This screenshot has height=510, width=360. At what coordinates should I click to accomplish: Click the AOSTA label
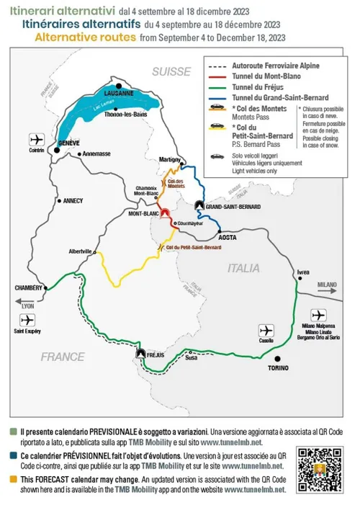pos(228,237)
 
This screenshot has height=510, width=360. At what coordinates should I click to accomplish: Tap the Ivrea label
pos(303,272)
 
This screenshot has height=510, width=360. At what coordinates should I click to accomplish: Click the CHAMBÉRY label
pos(28,287)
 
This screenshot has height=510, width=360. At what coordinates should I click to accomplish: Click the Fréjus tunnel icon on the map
pos(140,354)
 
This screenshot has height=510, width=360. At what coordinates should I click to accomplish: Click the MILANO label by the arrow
pos(328,285)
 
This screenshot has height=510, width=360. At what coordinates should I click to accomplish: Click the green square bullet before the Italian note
pos(13,431)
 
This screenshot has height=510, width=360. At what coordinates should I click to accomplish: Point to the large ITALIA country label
pos(243,268)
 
